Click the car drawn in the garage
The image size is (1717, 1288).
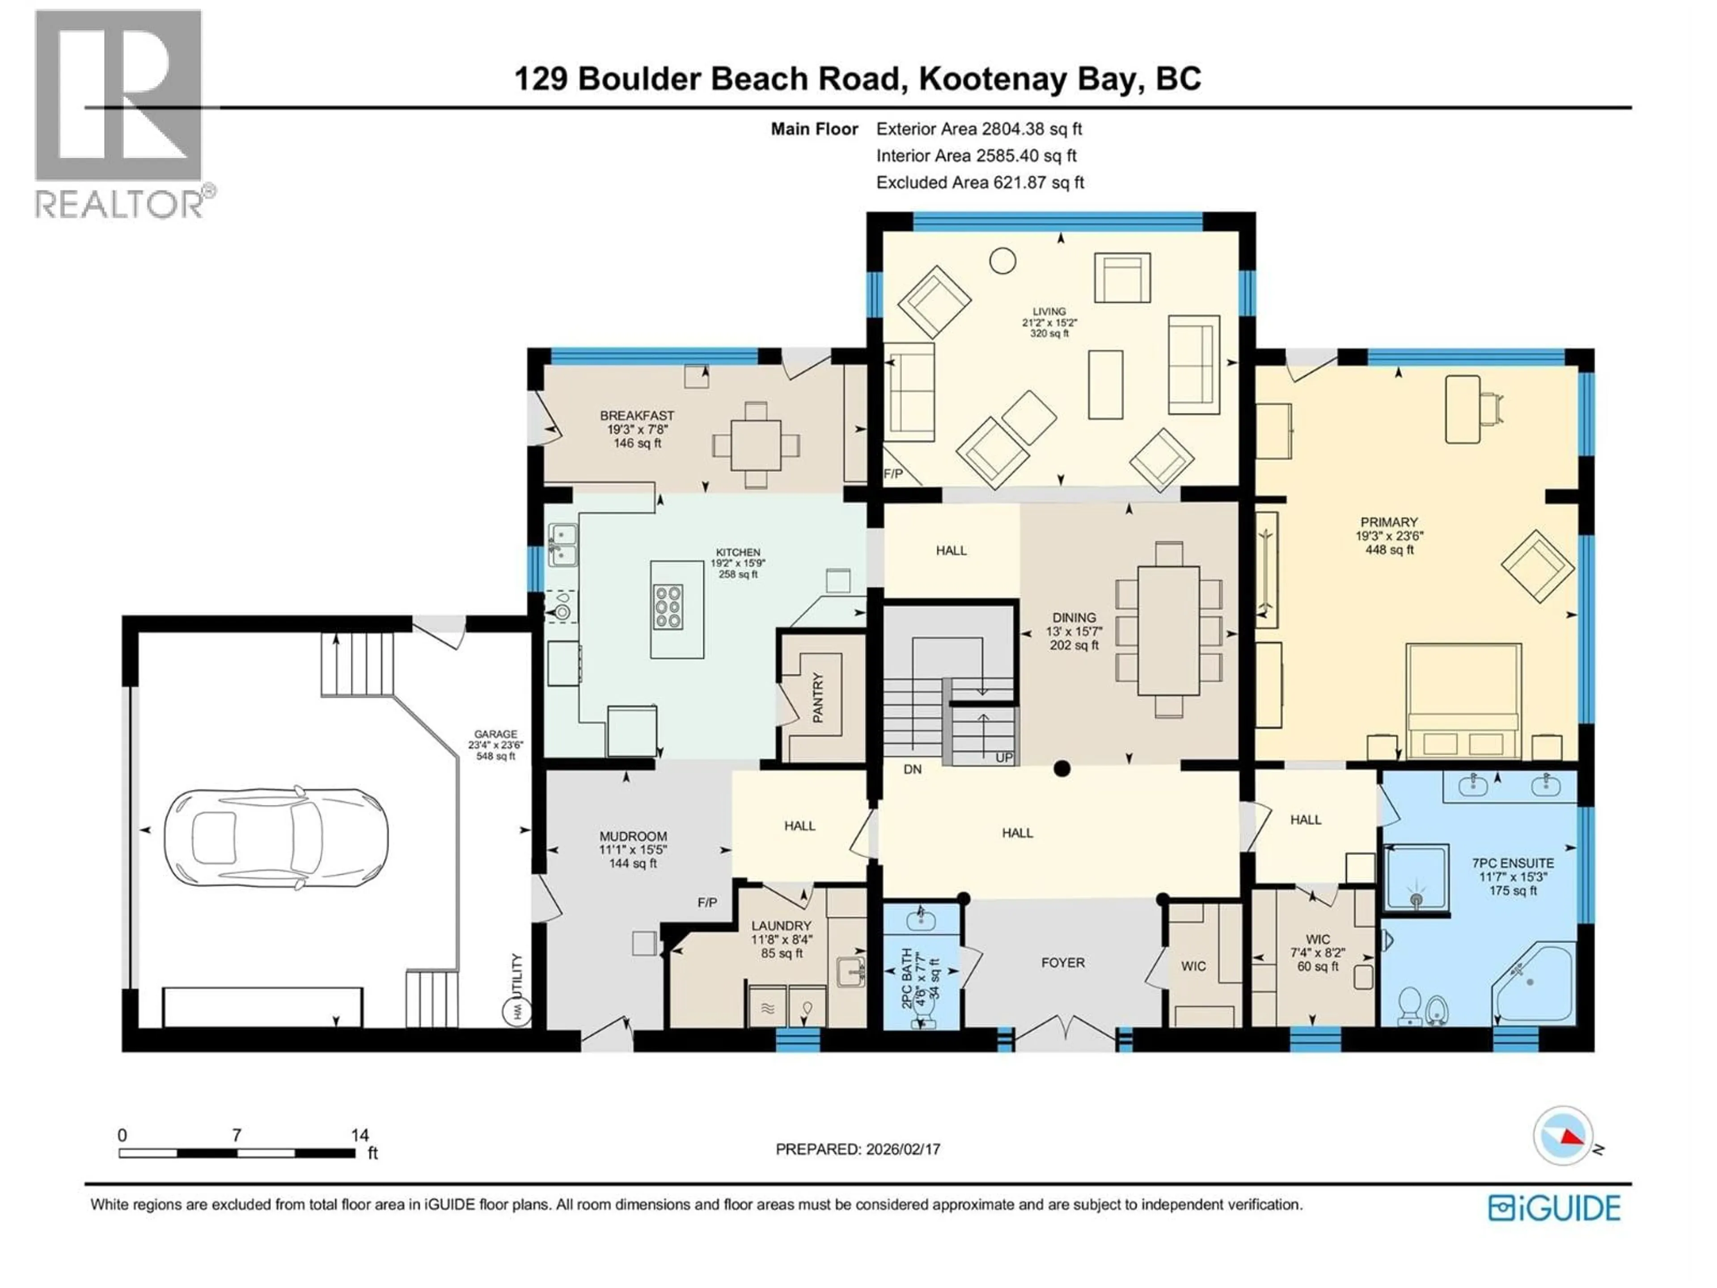pos(275,839)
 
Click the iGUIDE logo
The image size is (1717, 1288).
pos(1554,1208)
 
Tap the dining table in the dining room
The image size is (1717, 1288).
pos(1168,631)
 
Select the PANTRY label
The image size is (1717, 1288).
pos(817,697)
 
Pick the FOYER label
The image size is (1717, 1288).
pos(1063,963)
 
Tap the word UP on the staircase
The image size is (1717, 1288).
pos(1004,757)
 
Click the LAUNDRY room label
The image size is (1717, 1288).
pos(781,925)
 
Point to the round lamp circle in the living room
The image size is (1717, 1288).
pos(1002,261)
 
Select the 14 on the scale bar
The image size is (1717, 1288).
pos(359,1135)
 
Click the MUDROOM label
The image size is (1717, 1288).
pos(633,836)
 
